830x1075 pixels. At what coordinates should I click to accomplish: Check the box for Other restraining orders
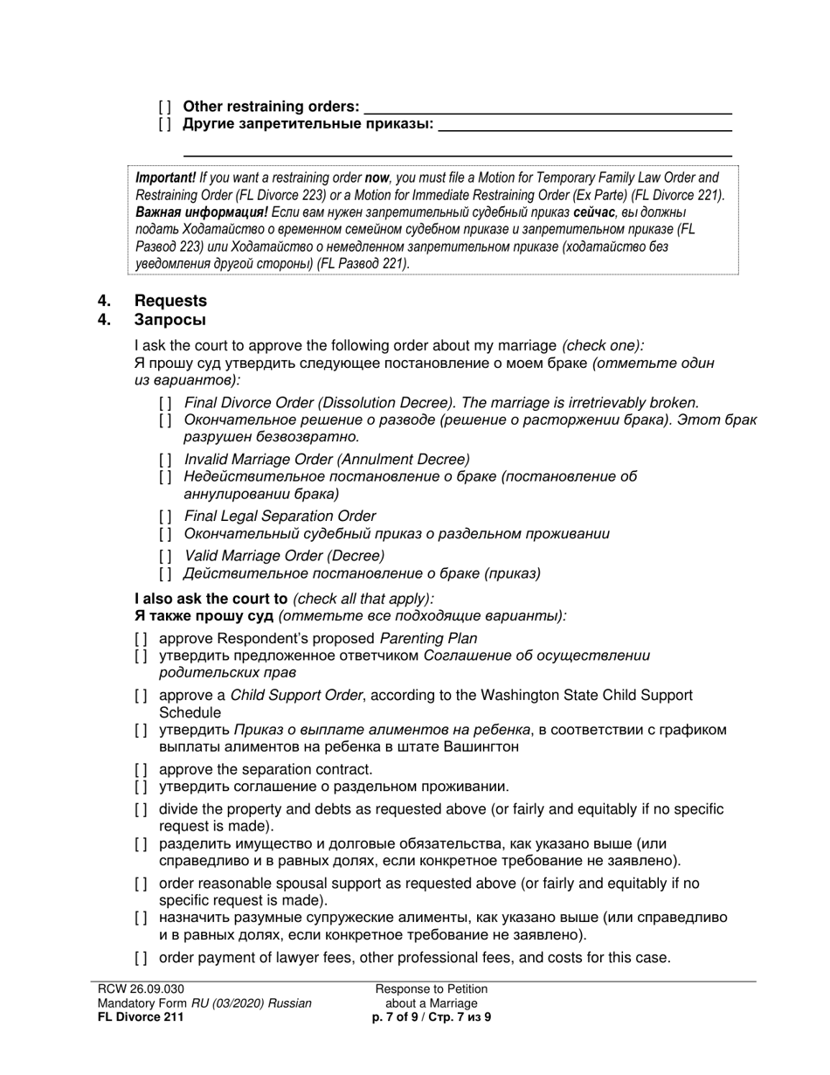click(x=165, y=107)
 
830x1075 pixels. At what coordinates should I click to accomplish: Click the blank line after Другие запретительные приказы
click(x=583, y=125)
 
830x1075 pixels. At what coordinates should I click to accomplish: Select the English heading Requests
click(x=170, y=301)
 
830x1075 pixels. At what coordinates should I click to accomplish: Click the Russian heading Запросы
click(x=170, y=319)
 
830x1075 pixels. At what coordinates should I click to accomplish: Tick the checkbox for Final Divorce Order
click(x=165, y=403)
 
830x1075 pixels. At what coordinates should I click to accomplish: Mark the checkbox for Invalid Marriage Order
click(x=165, y=460)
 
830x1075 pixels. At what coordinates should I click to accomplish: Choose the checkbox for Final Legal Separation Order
click(x=165, y=517)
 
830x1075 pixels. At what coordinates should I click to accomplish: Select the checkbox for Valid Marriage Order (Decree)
click(x=165, y=556)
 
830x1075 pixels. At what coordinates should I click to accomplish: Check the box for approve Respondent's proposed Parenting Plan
click(x=141, y=639)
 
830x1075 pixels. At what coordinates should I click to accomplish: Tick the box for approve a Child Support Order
click(x=141, y=696)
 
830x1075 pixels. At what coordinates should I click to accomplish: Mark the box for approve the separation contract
click(x=141, y=770)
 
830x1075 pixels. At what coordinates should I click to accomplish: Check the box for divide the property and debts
click(x=141, y=809)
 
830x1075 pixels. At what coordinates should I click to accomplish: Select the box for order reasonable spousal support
click(x=141, y=884)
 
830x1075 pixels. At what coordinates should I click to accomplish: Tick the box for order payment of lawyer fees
click(x=141, y=958)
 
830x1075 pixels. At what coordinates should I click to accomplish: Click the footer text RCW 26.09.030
click(x=142, y=989)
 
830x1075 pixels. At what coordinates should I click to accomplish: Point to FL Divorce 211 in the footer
click(x=141, y=1017)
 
